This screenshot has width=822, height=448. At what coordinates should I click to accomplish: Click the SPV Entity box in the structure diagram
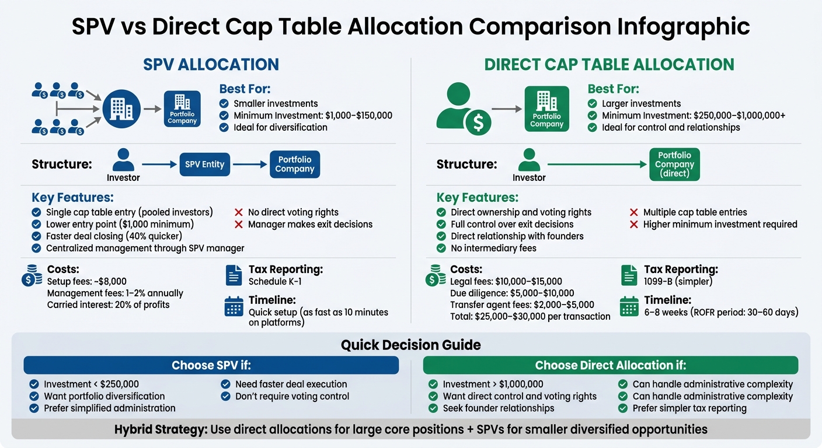click(x=204, y=164)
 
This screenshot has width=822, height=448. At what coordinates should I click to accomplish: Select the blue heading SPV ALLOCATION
click(x=211, y=64)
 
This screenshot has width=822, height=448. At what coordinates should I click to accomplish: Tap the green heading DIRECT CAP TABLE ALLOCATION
click(x=609, y=64)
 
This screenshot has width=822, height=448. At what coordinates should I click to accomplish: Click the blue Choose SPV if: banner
click(x=211, y=365)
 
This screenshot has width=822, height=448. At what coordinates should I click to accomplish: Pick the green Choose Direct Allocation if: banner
click(x=610, y=365)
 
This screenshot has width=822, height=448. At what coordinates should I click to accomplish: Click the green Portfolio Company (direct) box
click(x=674, y=164)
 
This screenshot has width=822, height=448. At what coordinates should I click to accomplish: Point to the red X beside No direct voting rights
click(x=238, y=212)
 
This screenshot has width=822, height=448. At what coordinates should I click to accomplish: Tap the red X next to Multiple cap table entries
click(x=633, y=212)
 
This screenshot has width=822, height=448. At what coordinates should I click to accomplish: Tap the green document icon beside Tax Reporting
click(x=629, y=275)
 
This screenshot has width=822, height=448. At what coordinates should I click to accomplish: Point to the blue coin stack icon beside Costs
click(x=31, y=275)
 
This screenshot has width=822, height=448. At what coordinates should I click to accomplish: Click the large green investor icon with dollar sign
click(x=462, y=108)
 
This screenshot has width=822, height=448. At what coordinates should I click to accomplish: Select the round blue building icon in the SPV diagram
click(x=121, y=108)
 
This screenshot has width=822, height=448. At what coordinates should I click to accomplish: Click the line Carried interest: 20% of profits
click(x=108, y=305)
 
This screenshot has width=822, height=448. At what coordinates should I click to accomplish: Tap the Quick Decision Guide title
click(x=410, y=345)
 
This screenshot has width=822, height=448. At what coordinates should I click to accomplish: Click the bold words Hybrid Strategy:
click(x=161, y=430)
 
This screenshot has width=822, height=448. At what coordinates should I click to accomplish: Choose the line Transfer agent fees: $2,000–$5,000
click(x=522, y=305)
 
